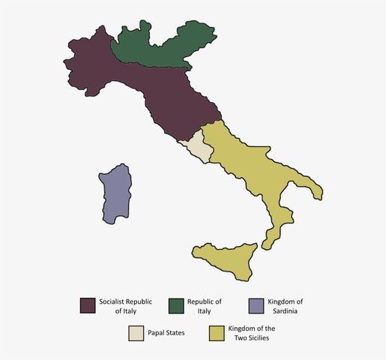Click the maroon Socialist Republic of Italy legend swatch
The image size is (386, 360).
88,305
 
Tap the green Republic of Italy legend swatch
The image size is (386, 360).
176,305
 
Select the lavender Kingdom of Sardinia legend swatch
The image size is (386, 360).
256,305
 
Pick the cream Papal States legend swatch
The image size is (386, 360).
136,333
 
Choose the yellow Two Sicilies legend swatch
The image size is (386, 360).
217,333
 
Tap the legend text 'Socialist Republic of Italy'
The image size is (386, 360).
125,306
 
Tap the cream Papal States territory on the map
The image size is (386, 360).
199,145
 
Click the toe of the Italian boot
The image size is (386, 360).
270,238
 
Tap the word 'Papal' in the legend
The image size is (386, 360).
157,333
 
